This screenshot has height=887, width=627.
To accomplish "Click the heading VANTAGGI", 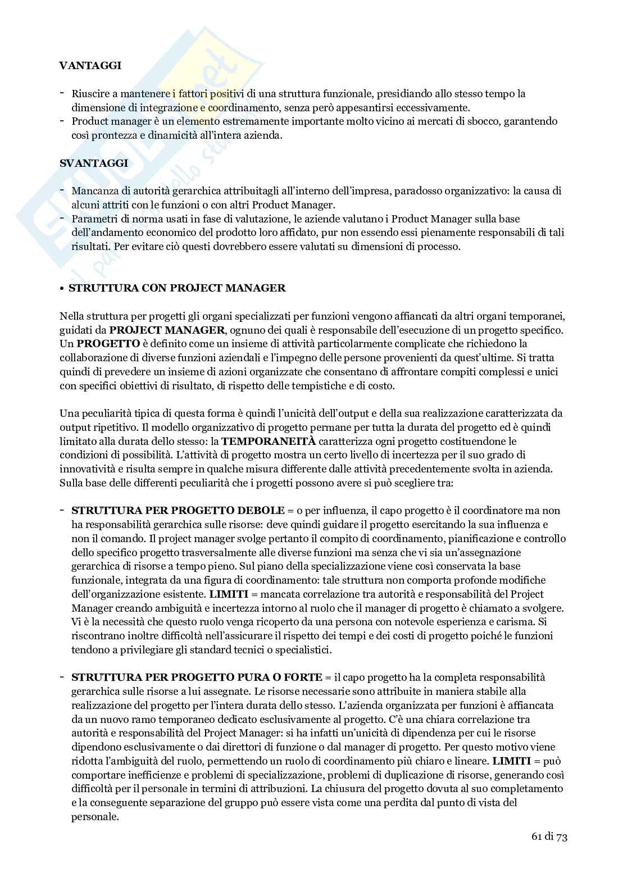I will (90, 66).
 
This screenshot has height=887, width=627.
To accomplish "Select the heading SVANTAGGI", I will (93, 163).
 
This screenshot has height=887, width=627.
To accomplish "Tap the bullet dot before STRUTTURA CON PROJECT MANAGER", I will (62, 289).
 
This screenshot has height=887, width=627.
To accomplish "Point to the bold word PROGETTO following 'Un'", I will (107, 343).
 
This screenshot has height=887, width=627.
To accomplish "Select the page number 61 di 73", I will (549, 837).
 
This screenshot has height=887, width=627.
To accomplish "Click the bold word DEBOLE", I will (261, 511).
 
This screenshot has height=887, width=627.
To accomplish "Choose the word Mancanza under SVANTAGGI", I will (93, 191).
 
